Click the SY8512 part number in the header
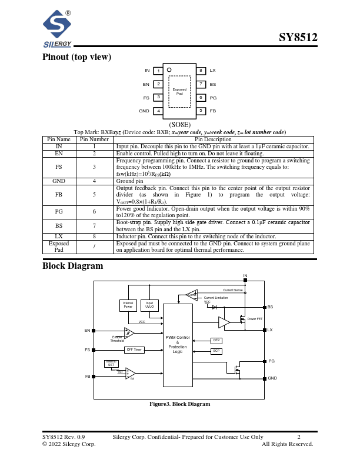[x=298, y=38]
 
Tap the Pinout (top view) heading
[x=77, y=57]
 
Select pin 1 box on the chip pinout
[x=158, y=71]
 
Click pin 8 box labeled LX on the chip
[x=201, y=71]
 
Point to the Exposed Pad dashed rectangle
[x=179, y=92]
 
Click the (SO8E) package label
[x=179, y=125]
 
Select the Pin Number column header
[x=94, y=139]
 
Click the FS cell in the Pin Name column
[x=59, y=167]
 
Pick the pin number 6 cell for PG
[x=94, y=211]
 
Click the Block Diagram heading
[x=72, y=266]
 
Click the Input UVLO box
[x=149, y=305]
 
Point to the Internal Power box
[x=128, y=305]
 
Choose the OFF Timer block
[x=134, y=349]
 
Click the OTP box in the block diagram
[x=216, y=341]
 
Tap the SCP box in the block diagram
[x=216, y=351]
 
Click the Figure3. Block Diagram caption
[x=179, y=404]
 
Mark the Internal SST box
[x=111, y=363]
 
